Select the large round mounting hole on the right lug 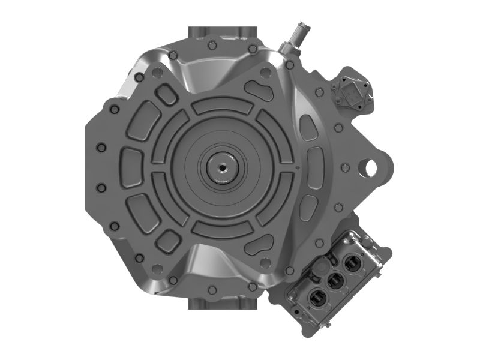click(x=371, y=165)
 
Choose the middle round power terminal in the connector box click(x=334, y=279)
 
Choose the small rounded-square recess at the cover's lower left click(x=168, y=241)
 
